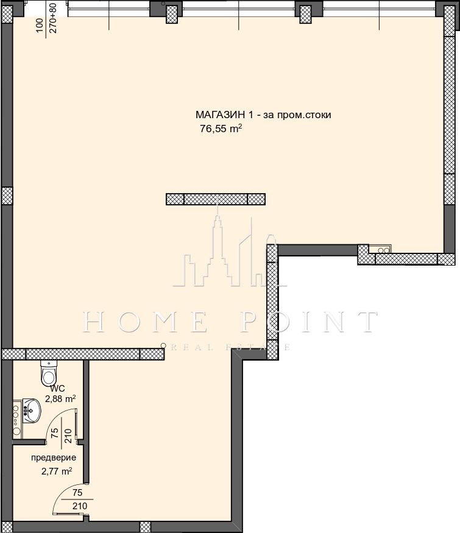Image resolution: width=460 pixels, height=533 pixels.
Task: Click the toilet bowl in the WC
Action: [x=49, y=373]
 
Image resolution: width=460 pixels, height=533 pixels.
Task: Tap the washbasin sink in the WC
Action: [x=31, y=411]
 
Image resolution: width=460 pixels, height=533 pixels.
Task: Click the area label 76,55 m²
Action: [x=221, y=129]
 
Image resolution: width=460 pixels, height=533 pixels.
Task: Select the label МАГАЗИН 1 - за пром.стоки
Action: [x=263, y=115]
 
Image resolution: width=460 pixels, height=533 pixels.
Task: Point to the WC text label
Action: [x=57, y=389]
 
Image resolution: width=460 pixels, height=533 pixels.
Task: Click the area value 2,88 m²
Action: [x=60, y=399]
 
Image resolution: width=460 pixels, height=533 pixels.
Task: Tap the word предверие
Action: [x=54, y=457]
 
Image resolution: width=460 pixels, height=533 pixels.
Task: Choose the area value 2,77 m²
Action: [x=57, y=471]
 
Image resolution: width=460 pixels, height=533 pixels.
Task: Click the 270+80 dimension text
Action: [x=54, y=18]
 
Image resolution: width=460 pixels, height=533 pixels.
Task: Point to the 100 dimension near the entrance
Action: [x=40, y=25]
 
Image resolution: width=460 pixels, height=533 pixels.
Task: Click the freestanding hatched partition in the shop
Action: [x=216, y=199]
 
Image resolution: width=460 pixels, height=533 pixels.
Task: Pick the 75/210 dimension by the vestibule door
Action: [x=78, y=499]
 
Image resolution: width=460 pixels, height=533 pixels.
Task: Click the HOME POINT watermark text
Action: [x=230, y=322]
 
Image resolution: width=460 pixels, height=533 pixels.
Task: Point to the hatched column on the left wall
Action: [x=7, y=196]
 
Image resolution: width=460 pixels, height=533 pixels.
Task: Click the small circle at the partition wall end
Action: [x=163, y=346]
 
